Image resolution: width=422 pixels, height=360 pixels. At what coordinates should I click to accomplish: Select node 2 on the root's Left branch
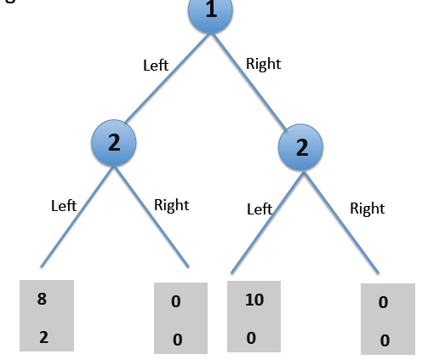113,143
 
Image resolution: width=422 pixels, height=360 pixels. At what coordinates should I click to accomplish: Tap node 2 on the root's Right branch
302,148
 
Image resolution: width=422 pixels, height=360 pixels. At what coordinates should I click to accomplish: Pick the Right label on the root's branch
263,64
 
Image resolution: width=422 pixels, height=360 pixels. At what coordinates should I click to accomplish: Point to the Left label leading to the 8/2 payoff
64,205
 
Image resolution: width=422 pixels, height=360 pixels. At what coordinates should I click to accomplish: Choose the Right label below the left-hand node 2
171,205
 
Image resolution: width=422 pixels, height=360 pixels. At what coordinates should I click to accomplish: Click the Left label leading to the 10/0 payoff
259,209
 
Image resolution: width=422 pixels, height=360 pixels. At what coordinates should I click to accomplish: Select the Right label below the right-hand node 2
368,208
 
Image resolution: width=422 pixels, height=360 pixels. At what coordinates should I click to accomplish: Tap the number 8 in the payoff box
42,299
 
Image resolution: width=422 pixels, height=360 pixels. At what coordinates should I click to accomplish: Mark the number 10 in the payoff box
254,300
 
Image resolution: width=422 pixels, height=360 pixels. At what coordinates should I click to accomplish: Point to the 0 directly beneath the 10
253,337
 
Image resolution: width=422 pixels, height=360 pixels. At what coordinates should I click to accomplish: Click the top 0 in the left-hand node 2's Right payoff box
176,302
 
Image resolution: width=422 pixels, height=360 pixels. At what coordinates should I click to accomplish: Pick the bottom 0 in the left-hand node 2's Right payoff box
177,340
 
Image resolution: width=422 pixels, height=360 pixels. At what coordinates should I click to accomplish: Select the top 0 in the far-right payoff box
384,302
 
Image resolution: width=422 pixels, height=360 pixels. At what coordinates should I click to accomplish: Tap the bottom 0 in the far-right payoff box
385,340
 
